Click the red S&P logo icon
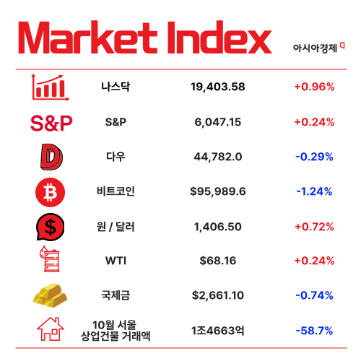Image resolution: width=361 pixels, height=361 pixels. tap(51, 123)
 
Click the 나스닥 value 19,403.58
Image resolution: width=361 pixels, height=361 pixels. tap(217, 87)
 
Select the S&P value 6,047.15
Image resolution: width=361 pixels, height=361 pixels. tap(217, 122)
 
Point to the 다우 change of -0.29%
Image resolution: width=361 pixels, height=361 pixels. tap(313, 157)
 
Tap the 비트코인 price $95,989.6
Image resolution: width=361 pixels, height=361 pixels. tap(217, 191)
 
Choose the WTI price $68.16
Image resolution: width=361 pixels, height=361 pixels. tap(217, 261)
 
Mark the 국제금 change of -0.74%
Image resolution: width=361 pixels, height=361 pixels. tap(313, 295)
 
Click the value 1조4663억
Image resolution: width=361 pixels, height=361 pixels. tap(217, 330)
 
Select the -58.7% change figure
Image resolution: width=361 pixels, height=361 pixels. tap(313, 330)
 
